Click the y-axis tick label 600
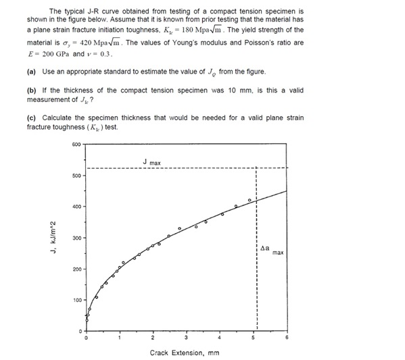(x=76, y=145)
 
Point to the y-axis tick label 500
(x=76, y=176)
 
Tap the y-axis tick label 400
(x=76, y=207)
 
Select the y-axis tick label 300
(x=76, y=238)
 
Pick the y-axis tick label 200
(x=76, y=269)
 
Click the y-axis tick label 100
(x=76, y=300)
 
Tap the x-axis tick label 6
(x=287, y=337)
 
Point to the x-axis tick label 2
(x=153, y=337)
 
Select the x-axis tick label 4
(x=220, y=337)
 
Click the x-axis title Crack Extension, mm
(x=184, y=352)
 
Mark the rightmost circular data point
(x=249, y=201)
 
